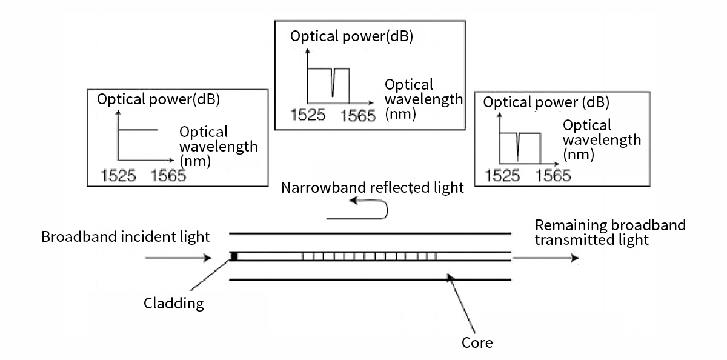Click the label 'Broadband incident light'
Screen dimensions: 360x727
pyautogui.click(x=125, y=237)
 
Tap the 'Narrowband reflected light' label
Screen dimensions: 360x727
pyautogui.click(x=373, y=187)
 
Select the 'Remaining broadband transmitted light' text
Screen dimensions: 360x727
pyautogui.click(x=610, y=232)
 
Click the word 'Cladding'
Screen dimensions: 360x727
pyautogui.click(x=174, y=303)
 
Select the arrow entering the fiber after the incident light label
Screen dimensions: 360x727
pyautogui.click(x=178, y=258)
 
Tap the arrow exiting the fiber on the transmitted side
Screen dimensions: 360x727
pyautogui.click(x=546, y=258)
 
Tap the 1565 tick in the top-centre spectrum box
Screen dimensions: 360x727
pyautogui.click(x=358, y=115)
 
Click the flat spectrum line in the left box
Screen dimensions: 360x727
pyautogui.click(x=138, y=130)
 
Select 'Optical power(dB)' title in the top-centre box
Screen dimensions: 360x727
pyautogui.click(x=351, y=36)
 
